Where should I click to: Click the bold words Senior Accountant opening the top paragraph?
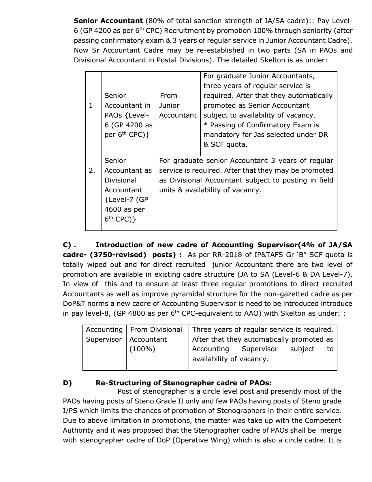[x=108, y=21]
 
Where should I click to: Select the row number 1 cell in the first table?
[x=91, y=105]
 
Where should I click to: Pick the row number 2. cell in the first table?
[x=92, y=170]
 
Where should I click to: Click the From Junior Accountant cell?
[x=178, y=105]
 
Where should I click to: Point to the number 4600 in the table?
[x=113, y=209]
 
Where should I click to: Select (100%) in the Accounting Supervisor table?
[x=142, y=349]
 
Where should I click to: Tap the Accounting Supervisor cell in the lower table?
[x=104, y=334]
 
